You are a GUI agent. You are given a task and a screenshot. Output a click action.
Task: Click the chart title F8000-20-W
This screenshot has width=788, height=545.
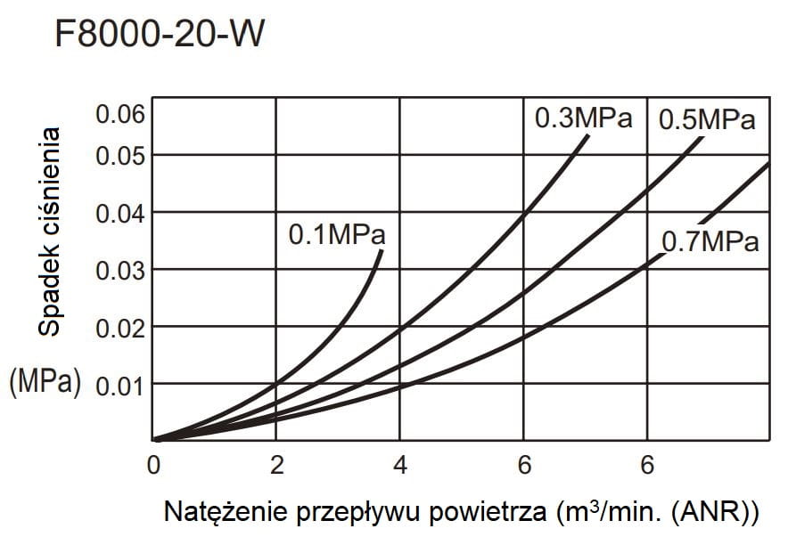click(x=160, y=35)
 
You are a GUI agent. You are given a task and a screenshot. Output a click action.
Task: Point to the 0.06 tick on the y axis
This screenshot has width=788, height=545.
click(x=119, y=115)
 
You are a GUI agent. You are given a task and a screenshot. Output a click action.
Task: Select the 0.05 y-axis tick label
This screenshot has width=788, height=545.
click(x=119, y=155)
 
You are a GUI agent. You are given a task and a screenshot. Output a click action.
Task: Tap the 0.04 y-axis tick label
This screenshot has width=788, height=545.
click(x=119, y=213)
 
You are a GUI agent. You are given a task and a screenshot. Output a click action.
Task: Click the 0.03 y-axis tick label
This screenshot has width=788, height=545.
click(x=119, y=270)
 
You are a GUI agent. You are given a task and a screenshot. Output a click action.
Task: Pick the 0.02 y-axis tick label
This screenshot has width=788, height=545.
click(x=119, y=327)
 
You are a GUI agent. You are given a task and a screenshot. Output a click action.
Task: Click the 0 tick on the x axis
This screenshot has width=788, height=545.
click(x=153, y=466)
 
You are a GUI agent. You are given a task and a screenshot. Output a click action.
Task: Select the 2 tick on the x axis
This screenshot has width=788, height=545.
click(x=276, y=466)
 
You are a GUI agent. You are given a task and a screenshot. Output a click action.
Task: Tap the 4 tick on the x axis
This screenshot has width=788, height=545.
click(x=400, y=466)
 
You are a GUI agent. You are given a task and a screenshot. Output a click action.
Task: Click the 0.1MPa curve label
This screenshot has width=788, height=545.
click(x=337, y=235)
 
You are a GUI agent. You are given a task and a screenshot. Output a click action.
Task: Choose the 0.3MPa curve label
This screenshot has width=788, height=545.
click(x=583, y=118)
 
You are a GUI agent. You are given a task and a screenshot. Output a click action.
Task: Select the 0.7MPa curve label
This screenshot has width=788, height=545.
click(x=710, y=241)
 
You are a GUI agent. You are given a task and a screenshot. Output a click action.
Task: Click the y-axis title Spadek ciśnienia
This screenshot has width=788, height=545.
click(x=51, y=232)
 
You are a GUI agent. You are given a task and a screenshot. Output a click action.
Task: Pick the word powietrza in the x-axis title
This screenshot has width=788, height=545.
click(x=494, y=512)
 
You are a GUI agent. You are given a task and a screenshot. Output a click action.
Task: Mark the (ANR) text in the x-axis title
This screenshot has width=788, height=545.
click(x=712, y=512)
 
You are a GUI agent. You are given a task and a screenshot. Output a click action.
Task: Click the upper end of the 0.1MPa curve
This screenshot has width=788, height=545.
click(x=382, y=252)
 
